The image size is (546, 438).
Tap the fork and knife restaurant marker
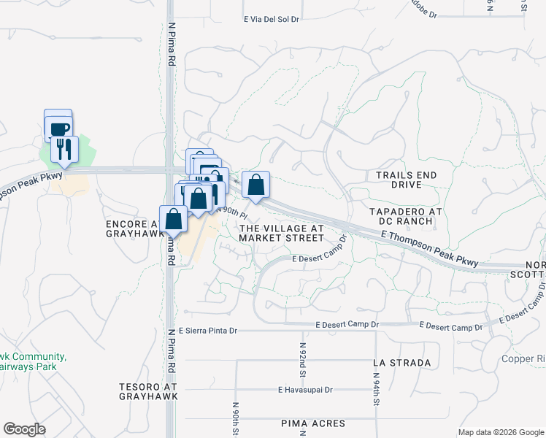[x=64, y=150]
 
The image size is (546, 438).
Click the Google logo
[x=24, y=429]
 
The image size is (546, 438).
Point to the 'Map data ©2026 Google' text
[x=501, y=432]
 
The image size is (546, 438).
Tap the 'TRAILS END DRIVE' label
[x=406, y=180]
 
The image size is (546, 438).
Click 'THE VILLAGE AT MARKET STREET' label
[x=282, y=233]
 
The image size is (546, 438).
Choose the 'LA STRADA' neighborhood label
[x=401, y=362]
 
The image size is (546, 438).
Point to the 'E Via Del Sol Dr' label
[x=272, y=20]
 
